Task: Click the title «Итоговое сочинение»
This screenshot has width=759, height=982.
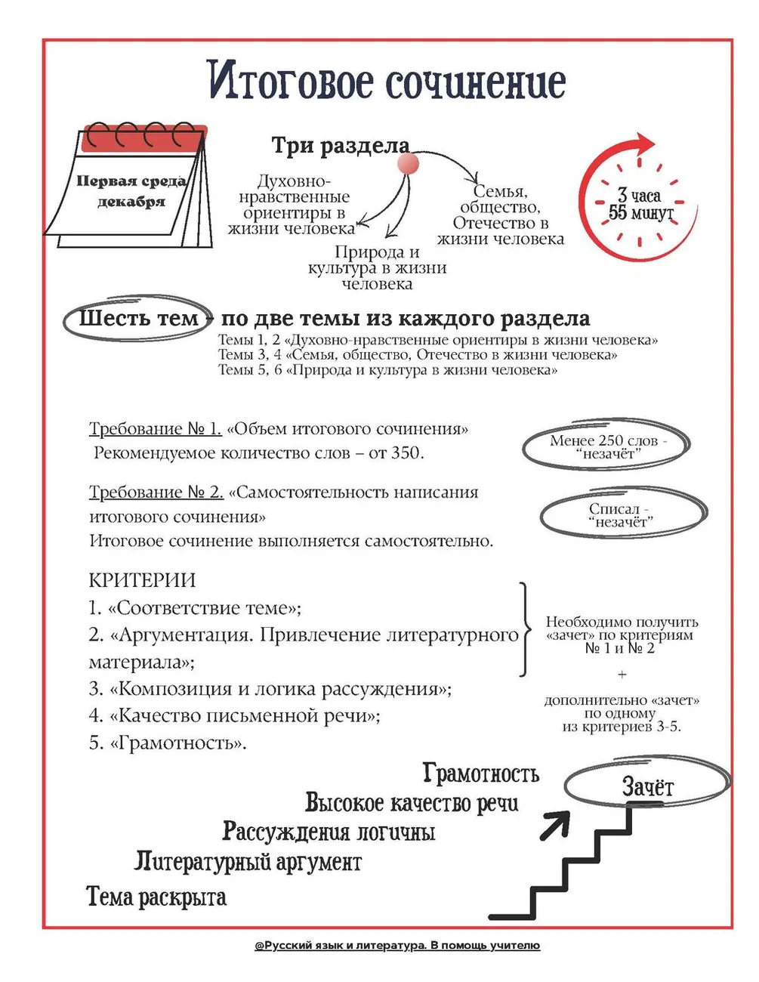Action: coord(386,81)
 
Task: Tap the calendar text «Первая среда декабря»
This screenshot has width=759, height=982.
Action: coord(131,191)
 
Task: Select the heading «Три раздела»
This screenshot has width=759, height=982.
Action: coord(340,145)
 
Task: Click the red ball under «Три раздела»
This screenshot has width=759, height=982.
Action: coord(408,163)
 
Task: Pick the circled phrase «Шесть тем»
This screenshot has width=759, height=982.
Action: coord(138,318)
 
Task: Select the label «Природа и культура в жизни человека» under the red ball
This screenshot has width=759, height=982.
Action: coord(377,268)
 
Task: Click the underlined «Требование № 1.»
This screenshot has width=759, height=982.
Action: coord(155,429)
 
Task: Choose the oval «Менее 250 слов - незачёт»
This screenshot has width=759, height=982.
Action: coord(604,447)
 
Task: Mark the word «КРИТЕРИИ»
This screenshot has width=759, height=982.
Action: coord(142,580)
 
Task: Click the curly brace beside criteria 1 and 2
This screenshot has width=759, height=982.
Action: coord(523,629)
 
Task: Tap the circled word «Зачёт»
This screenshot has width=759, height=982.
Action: coord(647,787)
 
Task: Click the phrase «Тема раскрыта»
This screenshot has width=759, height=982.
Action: coord(156,897)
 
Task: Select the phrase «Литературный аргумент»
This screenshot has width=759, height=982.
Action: coord(248,862)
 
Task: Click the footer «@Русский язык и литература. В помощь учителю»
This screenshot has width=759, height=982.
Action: coord(397,946)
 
